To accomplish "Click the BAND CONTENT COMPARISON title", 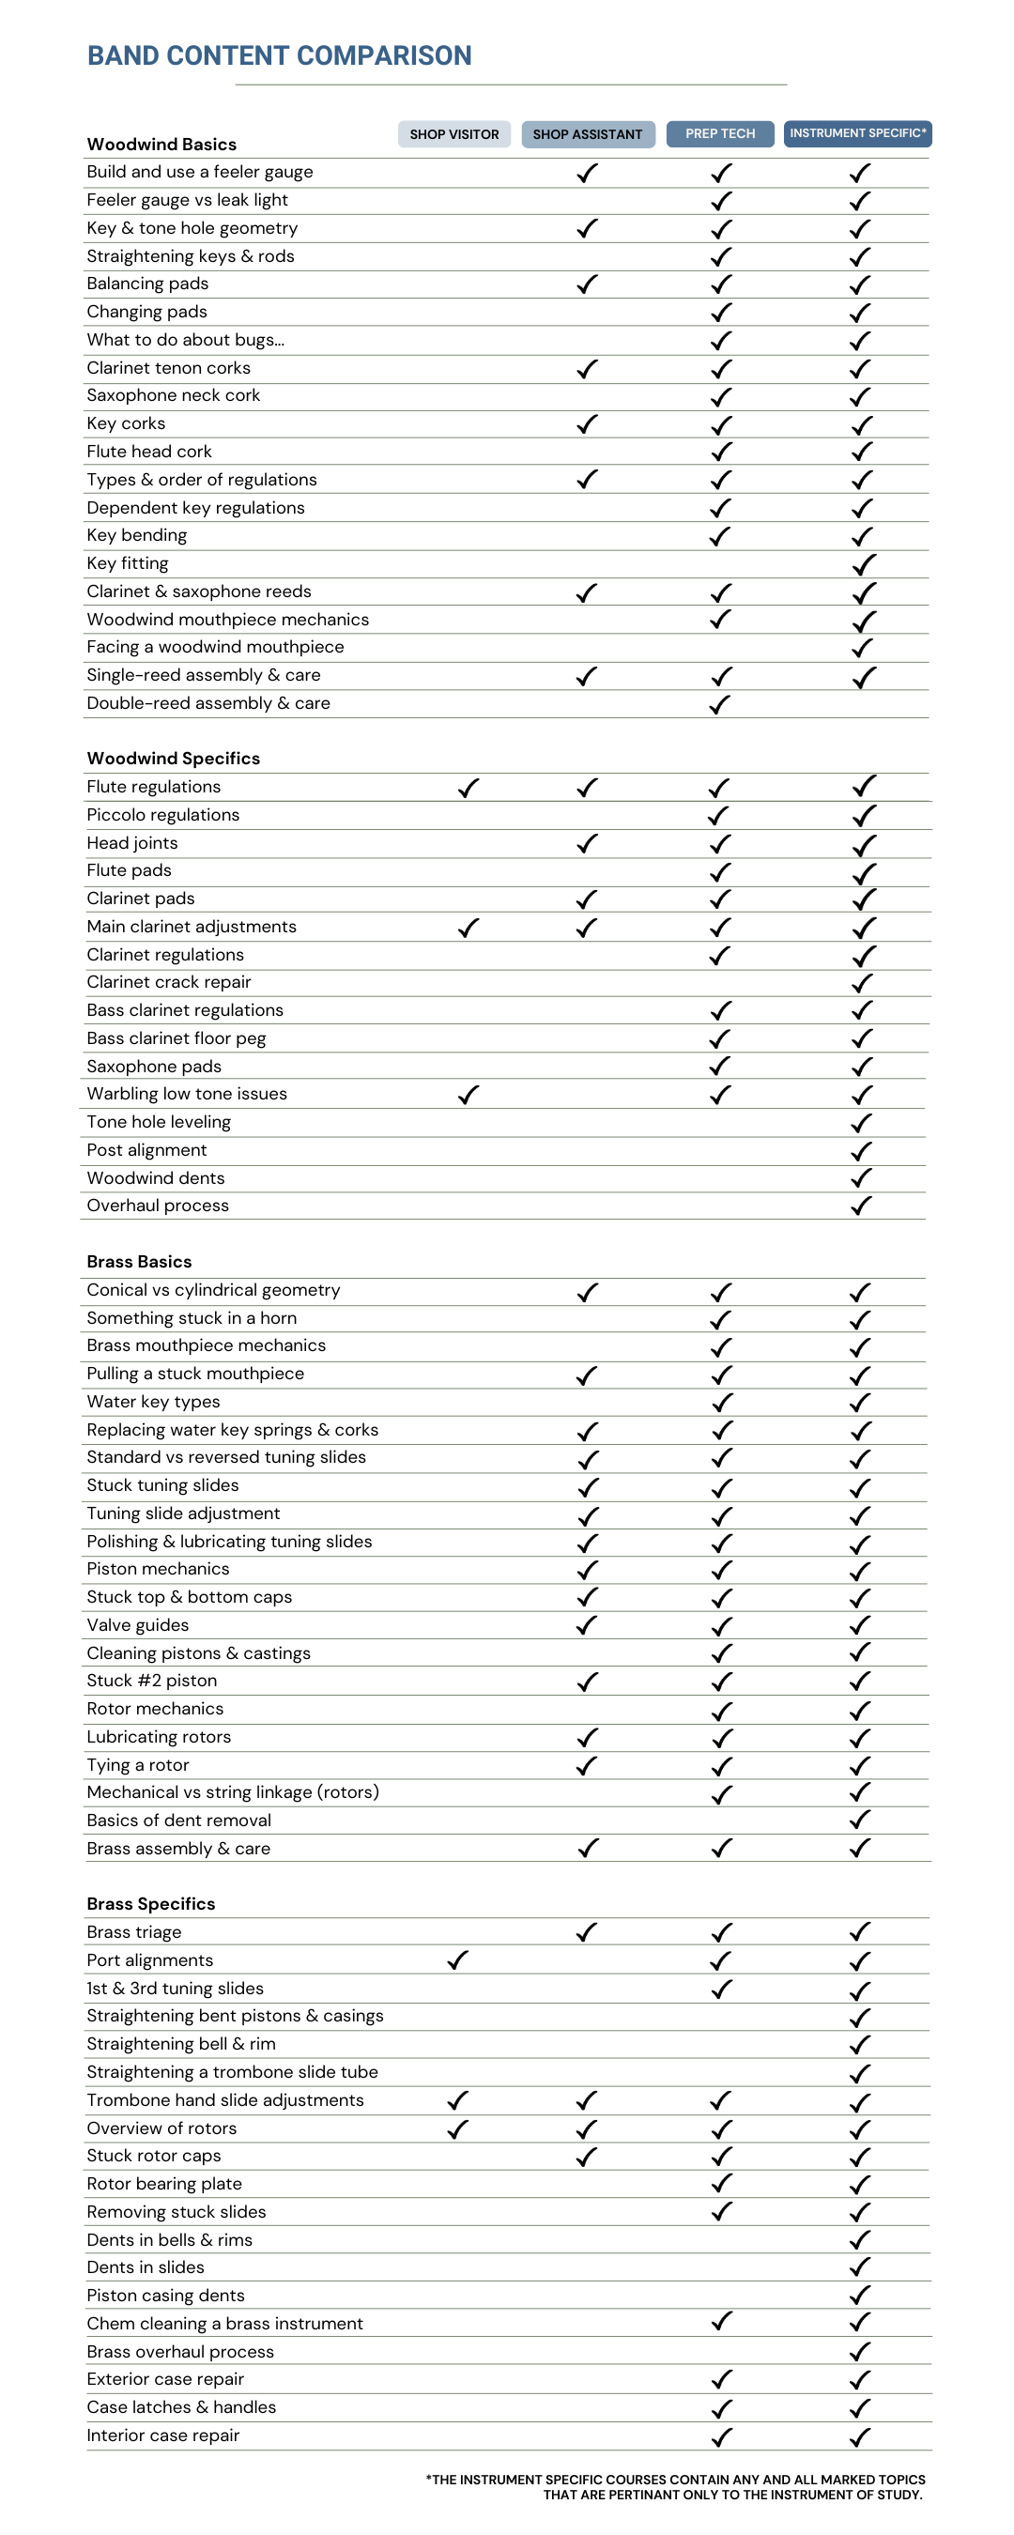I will [x=279, y=55].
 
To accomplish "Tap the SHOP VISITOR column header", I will [x=453, y=134].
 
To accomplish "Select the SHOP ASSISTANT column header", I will [x=587, y=134].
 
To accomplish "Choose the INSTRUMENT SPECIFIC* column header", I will [x=856, y=132].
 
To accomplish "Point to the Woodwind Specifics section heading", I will [x=174, y=758].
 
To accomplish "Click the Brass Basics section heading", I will [x=139, y=1262].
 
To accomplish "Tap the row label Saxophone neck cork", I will [x=174, y=394].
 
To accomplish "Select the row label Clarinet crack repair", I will [x=168, y=981].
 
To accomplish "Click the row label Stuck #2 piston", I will [x=151, y=1680].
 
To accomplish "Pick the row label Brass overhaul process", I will [x=180, y=2351].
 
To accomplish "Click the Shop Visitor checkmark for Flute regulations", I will [x=469, y=788].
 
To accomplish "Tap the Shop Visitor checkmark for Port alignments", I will [x=458, y=1959].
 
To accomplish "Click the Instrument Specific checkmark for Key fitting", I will [x=864, y=564].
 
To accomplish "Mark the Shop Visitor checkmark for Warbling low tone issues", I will [x=469, y=1095].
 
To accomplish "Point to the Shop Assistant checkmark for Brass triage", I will [x=587, y=1931].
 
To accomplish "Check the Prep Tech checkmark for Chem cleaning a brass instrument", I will [x=722, y=2322].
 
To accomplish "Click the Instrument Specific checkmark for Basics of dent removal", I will [x=860, y=1820].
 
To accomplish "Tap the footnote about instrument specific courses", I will [x=675, y=2486].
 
